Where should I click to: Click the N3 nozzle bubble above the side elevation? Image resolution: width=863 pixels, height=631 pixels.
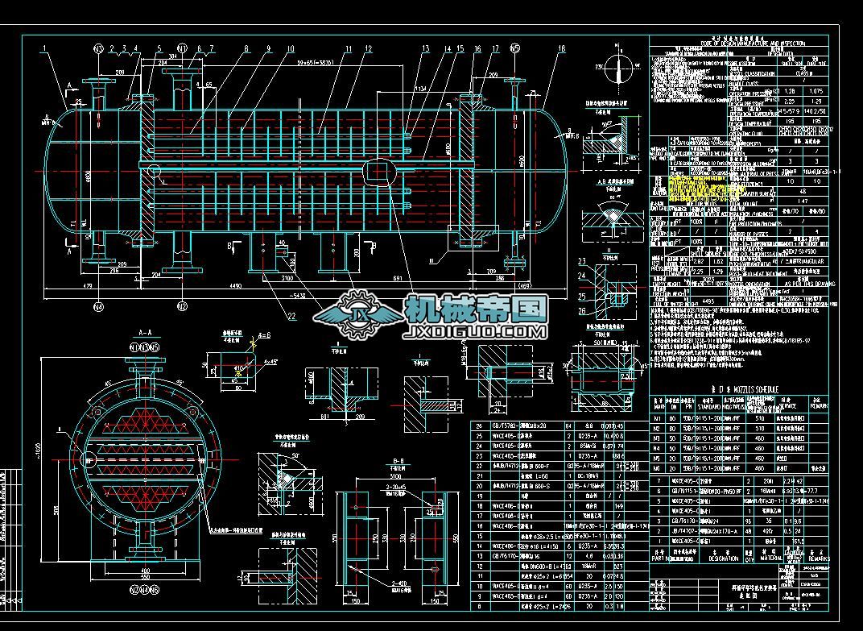[x=98, y=48]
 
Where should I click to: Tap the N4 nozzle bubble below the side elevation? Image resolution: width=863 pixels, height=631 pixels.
[x=98, y=305]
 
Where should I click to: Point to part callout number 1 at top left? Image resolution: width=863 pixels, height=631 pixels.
[x=43, y=49]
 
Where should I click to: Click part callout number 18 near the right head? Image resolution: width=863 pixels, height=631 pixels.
[x=561, y=49]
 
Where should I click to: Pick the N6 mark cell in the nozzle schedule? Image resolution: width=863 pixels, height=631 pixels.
[x=659, y=467]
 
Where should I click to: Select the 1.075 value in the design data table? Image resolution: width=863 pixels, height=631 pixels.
[x=814, y=91]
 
